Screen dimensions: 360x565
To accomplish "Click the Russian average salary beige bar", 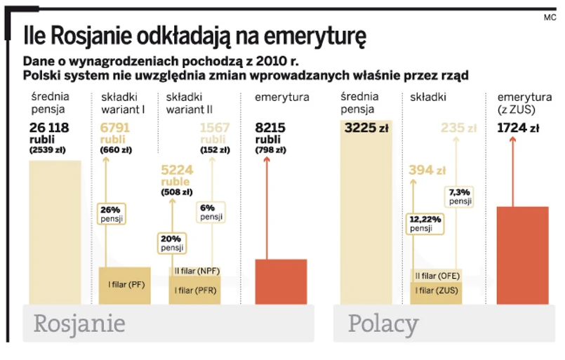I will click(55, 232).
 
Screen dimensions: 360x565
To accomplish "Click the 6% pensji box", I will click(211, 213).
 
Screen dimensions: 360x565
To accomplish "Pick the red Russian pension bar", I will click(281, 281).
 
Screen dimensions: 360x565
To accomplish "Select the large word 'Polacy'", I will click(383, 324).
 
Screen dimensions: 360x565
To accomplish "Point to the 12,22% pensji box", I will click(425, 223).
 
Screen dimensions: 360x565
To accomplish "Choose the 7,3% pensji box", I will click(460, 196).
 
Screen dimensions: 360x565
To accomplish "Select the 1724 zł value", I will click(518, 128).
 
